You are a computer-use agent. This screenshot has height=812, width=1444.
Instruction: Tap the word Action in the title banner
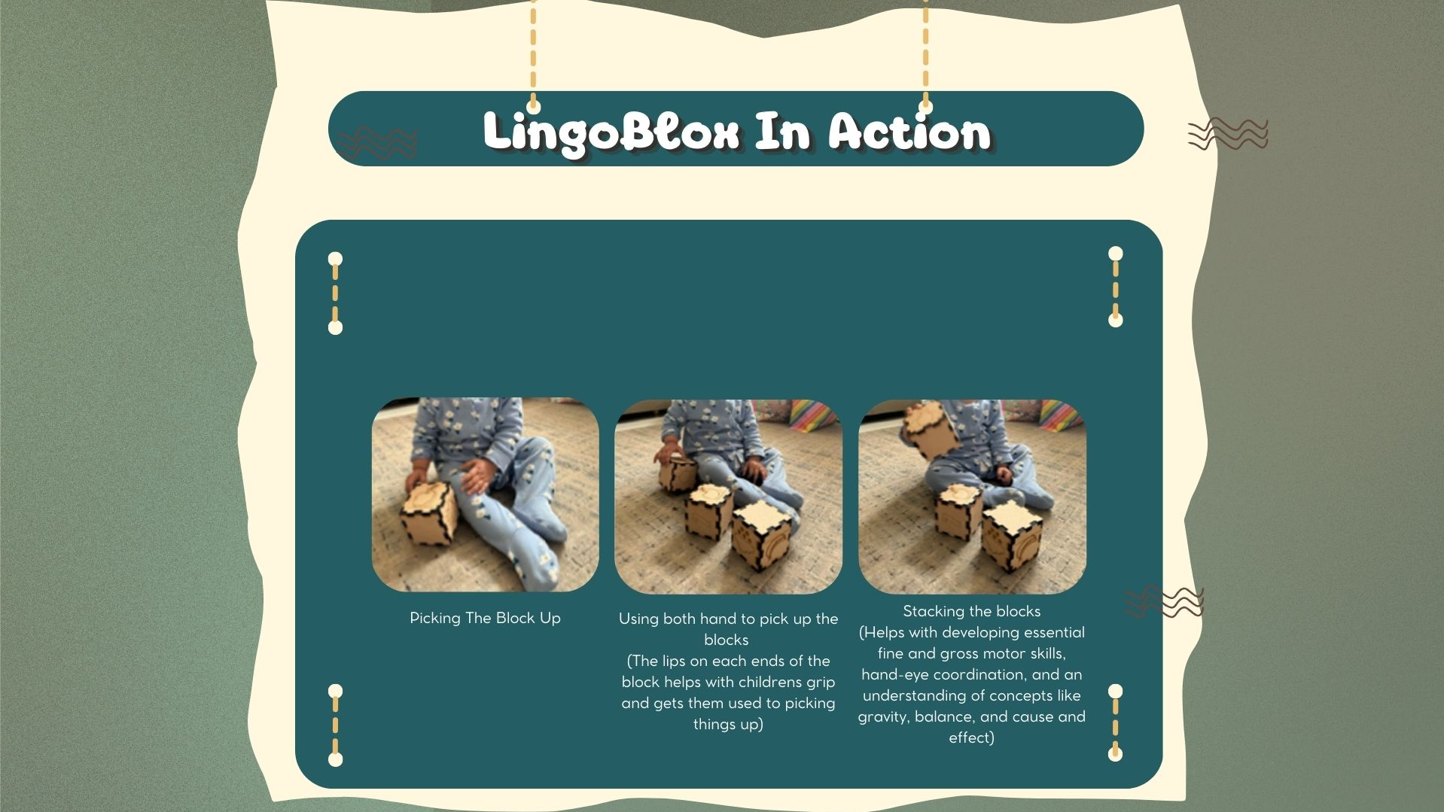click(x=910, y=132)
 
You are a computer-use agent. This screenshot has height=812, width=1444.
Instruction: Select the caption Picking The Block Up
click(x=485, y=618)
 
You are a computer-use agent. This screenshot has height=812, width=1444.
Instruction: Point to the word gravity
click(x=882, y=717)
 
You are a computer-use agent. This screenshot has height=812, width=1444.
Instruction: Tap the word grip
click(x=819, y=683)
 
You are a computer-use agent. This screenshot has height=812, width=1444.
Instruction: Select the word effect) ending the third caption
click(x=971, y=737)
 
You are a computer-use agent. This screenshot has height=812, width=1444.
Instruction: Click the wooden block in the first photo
click(x=428, y=512)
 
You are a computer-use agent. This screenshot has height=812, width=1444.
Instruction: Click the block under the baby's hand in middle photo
click(x=678, y=472)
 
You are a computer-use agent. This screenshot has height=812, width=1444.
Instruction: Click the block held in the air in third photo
click(x=930, y=430)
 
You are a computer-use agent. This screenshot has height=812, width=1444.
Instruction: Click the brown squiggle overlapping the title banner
click(x=376, y=143)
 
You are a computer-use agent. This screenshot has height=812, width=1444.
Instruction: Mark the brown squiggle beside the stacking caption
click(x=1164, y=601)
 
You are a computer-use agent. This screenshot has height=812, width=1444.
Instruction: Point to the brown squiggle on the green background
click(x=1228, y=134)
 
